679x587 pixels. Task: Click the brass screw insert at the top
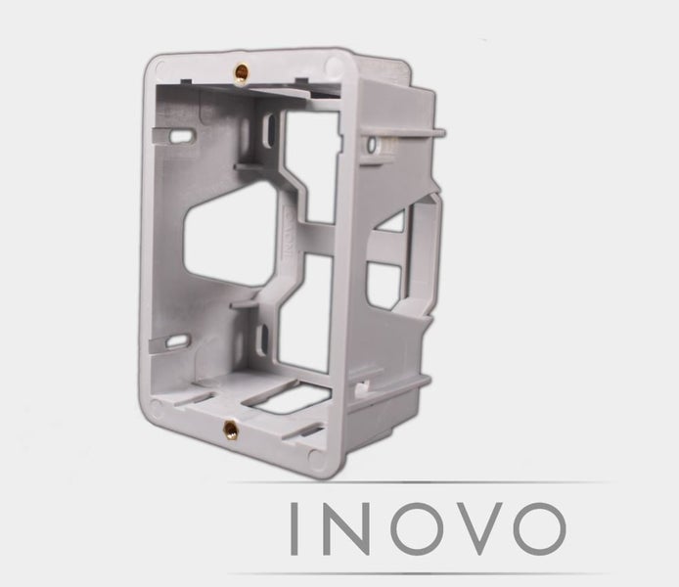(x=239, y=70)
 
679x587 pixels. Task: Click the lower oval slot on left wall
(x=177, y=341)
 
